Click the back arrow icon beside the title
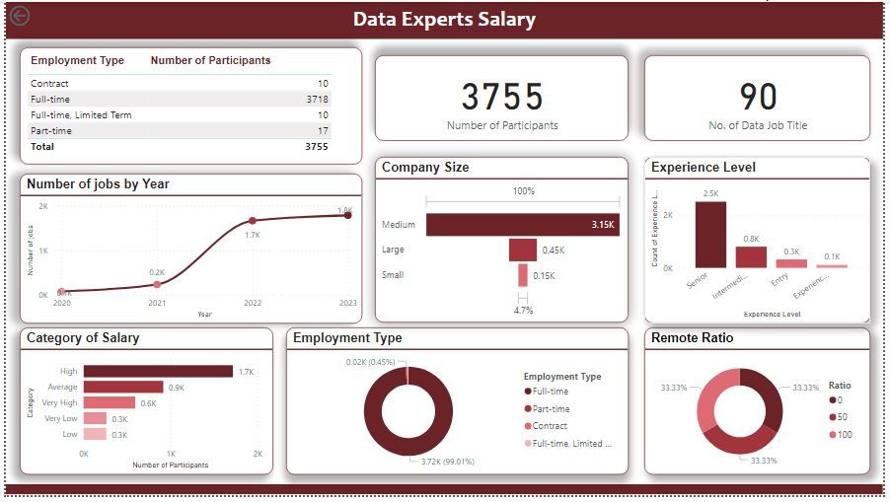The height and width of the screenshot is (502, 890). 19,16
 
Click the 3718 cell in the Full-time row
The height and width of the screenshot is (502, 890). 317,100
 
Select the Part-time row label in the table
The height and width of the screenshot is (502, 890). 50,130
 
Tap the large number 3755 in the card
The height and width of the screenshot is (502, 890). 502,97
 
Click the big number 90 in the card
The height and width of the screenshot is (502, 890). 758,97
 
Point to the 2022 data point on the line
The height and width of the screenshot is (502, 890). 253,221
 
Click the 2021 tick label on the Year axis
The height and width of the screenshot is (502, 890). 157,304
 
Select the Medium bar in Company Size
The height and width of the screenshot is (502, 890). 522,225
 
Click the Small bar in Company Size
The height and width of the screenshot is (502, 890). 523,275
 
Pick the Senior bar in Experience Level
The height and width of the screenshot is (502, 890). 710,235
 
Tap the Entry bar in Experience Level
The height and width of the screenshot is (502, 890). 791,263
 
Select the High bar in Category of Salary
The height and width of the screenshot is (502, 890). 158,371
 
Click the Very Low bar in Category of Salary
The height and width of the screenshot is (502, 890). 95,418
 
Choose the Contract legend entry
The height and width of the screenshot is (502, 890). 550,426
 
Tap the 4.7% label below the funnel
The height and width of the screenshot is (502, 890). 523,310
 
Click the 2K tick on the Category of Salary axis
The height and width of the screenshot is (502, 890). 258,454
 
